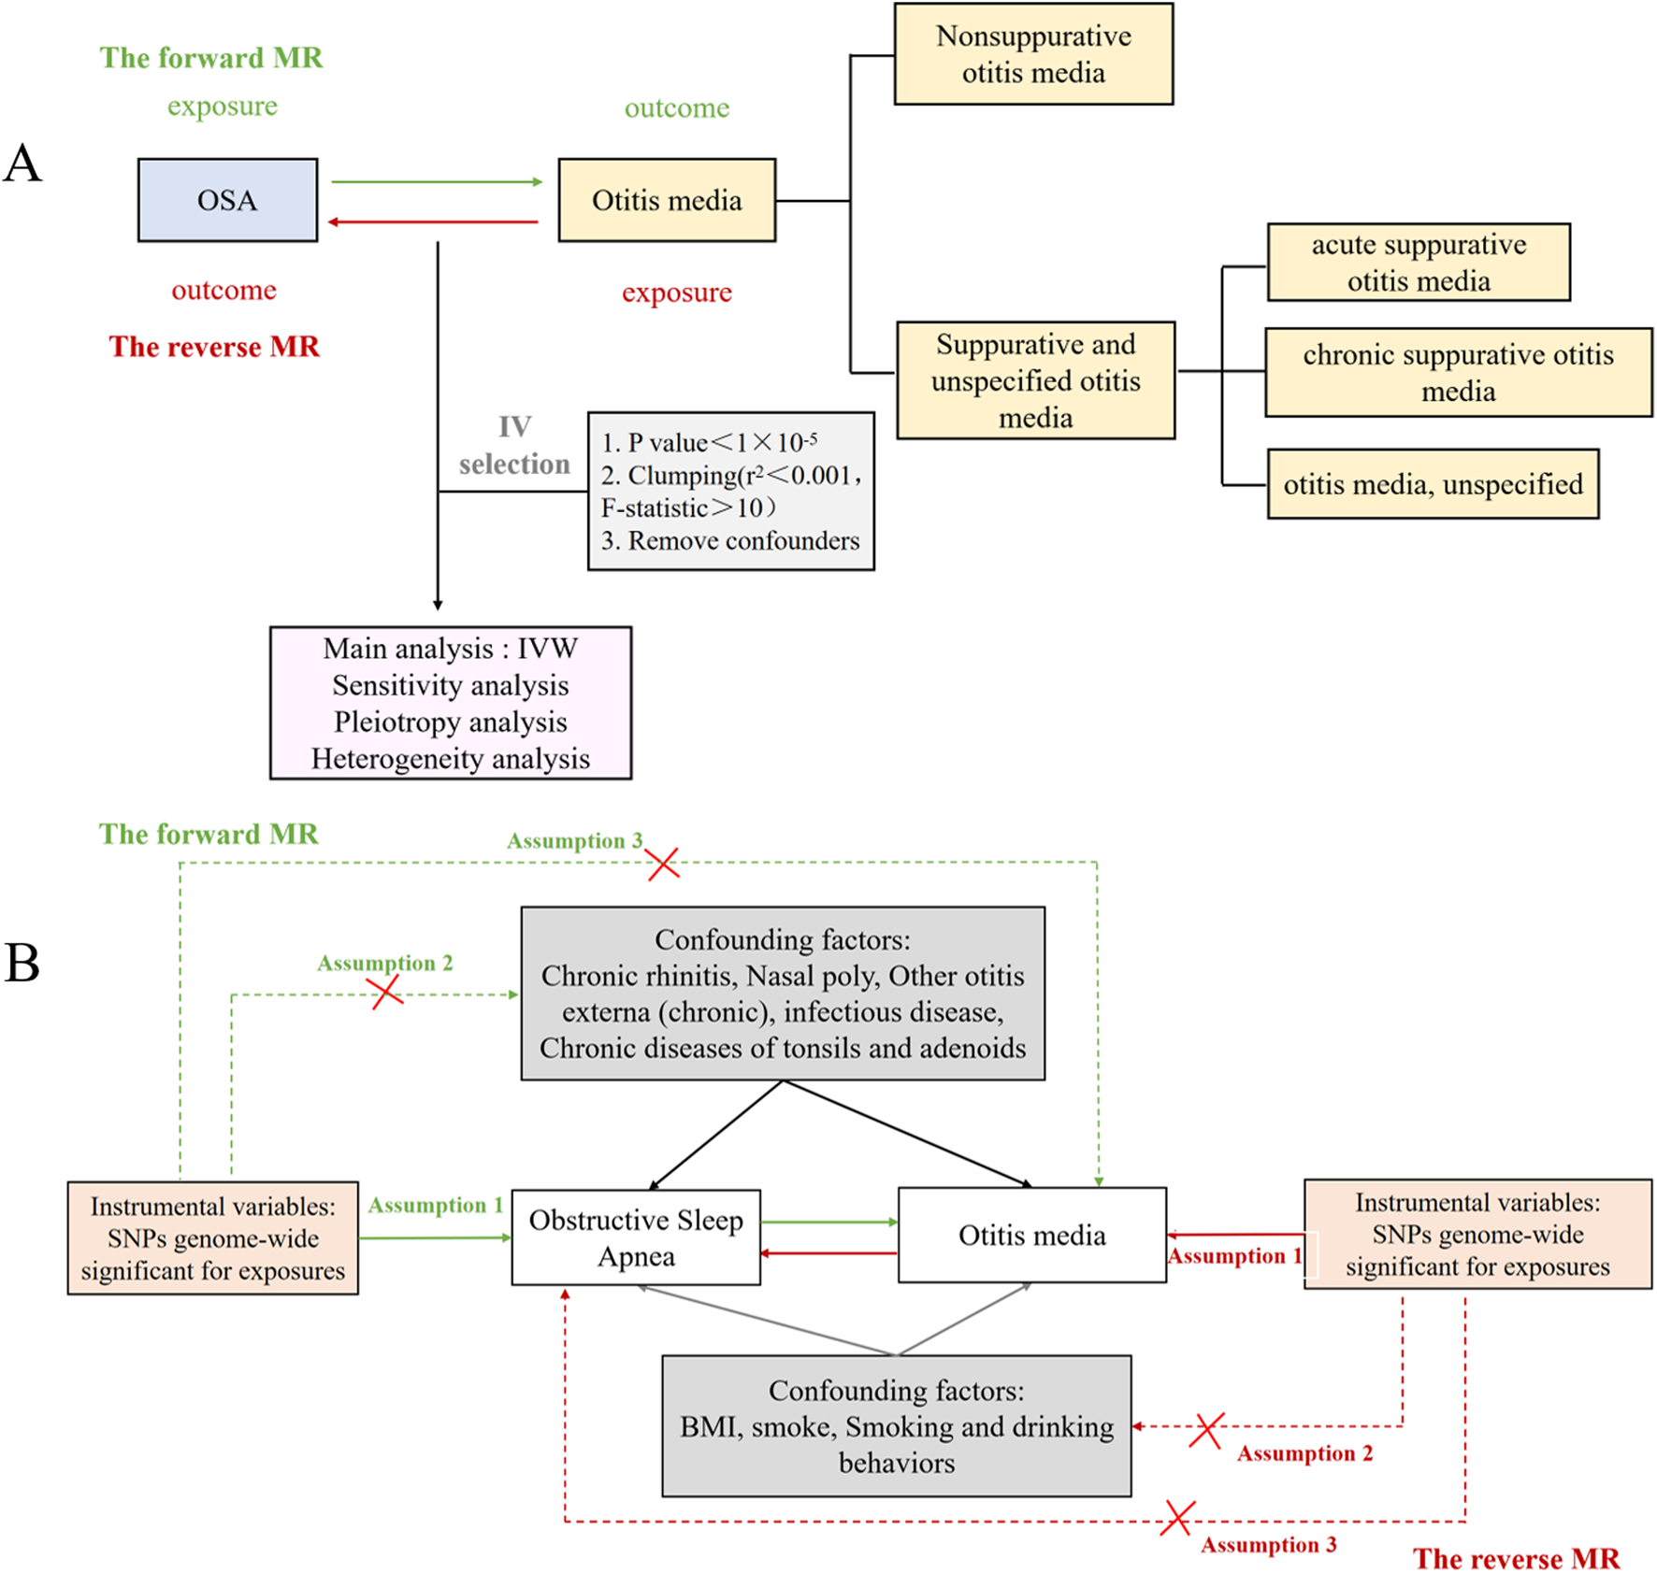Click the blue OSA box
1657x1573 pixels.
tap(227, 200)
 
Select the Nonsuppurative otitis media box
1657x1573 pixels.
tap(1032, 54)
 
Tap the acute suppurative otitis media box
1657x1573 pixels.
tap(1418, 263)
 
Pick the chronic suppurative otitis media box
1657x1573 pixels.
tap(1457, 372)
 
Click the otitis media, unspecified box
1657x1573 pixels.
tap(1432, 484)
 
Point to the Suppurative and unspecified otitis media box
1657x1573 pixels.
tap(1035, 380)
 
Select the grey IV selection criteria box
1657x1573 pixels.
tap(730, 491)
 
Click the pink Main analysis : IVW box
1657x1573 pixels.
tap(450, 703)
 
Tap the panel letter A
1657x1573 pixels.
tap(22, 164)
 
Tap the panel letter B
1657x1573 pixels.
tap(22, 963)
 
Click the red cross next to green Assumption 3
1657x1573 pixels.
tap(663, 864)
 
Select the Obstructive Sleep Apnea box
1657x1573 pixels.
tap(636, 1237)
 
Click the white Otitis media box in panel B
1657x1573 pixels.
tap(1031, 1235)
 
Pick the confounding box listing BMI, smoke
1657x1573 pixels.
tap(896, 1426)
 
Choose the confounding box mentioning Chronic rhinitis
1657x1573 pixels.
tap(782, 993)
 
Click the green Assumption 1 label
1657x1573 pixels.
tap(435, 1205)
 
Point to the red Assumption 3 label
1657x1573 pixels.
tap(1268, 1545)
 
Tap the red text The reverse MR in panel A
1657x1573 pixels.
tap(214, 347)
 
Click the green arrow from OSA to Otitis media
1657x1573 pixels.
tap(436, 182)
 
